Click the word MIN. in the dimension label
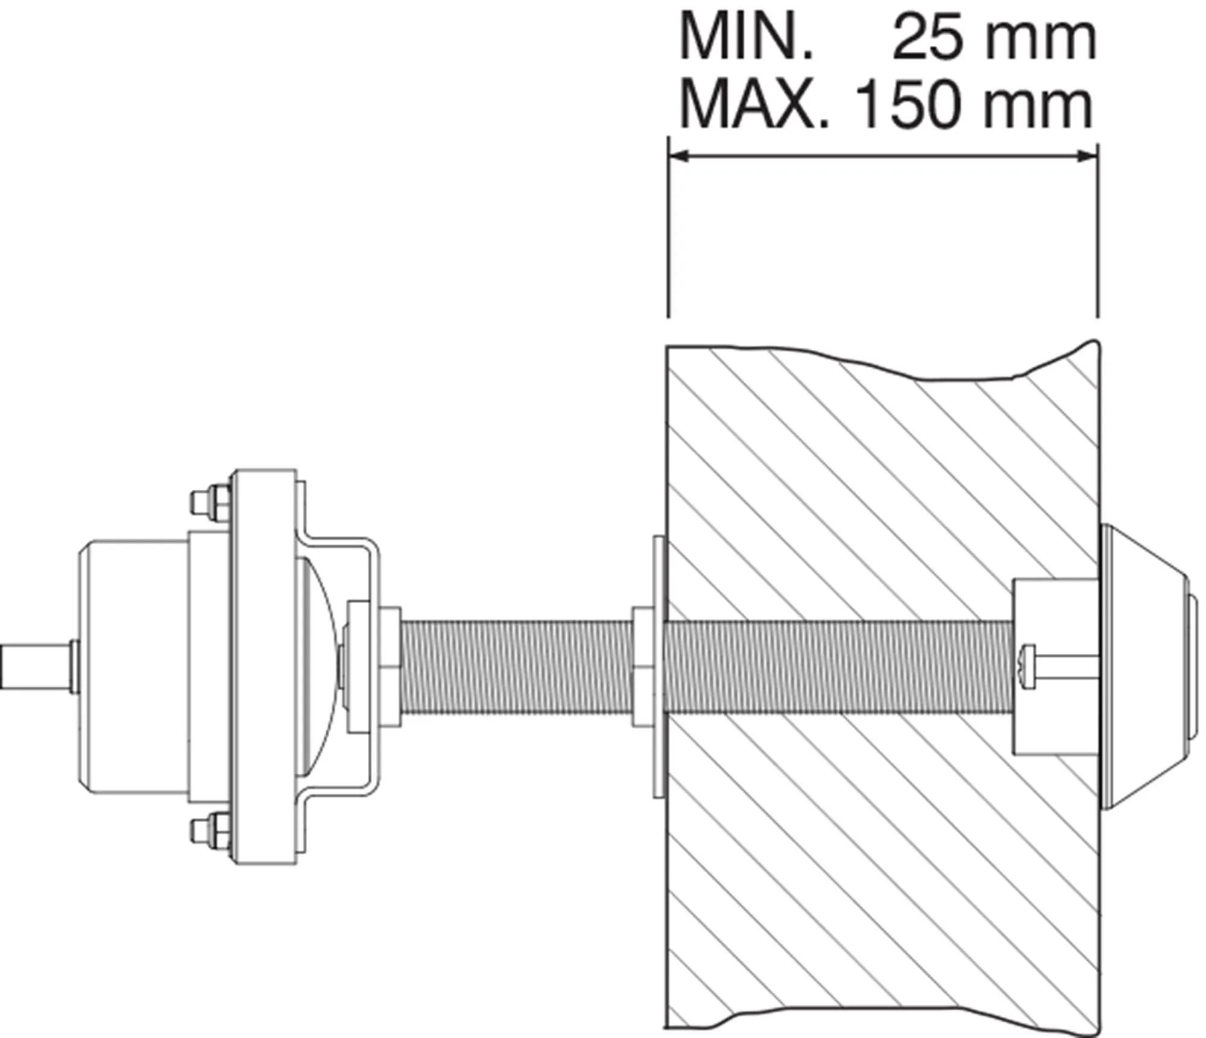pos(746,38)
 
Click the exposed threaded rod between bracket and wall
pos(516,666)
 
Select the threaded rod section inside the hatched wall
pos(838,666)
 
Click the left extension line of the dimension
pos(668,241)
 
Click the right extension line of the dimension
pos(1097,241)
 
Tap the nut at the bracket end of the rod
pos(389,666)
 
